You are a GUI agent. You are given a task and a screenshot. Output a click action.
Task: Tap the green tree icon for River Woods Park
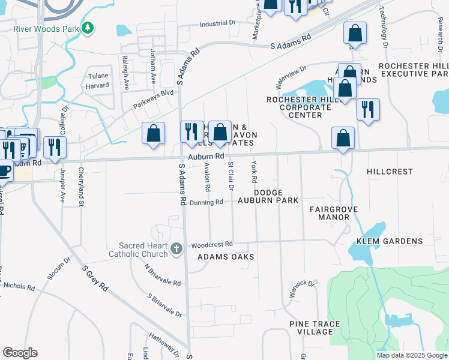point(88,28)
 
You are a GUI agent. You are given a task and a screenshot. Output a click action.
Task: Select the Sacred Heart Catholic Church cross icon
point(176,248)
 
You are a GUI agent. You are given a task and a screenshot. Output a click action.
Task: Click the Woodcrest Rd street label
point(211,245)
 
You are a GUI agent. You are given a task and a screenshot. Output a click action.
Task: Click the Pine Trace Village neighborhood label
point(315,328)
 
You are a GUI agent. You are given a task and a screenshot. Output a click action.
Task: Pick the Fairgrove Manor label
point(334,214)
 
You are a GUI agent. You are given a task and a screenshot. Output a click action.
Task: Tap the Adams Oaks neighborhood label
point(226,257)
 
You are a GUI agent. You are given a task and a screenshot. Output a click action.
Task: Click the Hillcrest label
point(390,172)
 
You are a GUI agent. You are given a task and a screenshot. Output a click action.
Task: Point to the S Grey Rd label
point(96,280)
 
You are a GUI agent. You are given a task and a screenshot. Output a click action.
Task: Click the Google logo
point(20,353)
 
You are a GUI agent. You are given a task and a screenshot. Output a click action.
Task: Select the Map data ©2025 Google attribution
point(411,355)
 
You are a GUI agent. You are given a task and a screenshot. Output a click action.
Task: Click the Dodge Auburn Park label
point(268,196)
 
